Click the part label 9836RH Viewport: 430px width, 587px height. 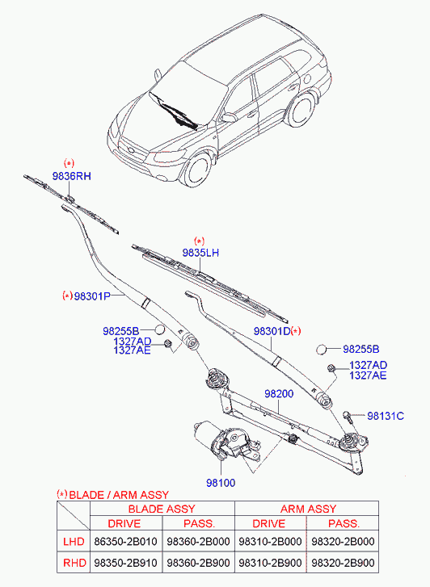[x=72, y=176]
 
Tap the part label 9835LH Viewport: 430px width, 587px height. [x=200, y=253]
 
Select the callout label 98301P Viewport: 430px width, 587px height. [x=92, y=296]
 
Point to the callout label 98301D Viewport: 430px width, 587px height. [x=272, y=331]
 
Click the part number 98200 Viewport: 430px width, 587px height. [x=279, y=394]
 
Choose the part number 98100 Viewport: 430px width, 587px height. [x=221, y=483]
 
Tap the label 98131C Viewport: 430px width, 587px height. [x=386, y=416]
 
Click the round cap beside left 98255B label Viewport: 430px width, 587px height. [x=160, y=329]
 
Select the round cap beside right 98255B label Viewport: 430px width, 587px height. [x=322, y=350]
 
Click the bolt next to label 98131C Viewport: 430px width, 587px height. [x=348, y=417]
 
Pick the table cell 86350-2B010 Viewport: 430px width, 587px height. [x=125, y=541]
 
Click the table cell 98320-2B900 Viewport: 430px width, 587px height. [x=343, y=563]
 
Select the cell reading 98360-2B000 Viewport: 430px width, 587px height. [x=198, y=541]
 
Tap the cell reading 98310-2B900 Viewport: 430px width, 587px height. [x=270, y=563]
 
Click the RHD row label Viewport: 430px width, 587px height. [x=74, y=563]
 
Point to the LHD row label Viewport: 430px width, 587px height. [x=74, y=541]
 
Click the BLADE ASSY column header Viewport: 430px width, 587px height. [x=162, y=509]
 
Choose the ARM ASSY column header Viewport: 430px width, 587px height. [x=309, y=509]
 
